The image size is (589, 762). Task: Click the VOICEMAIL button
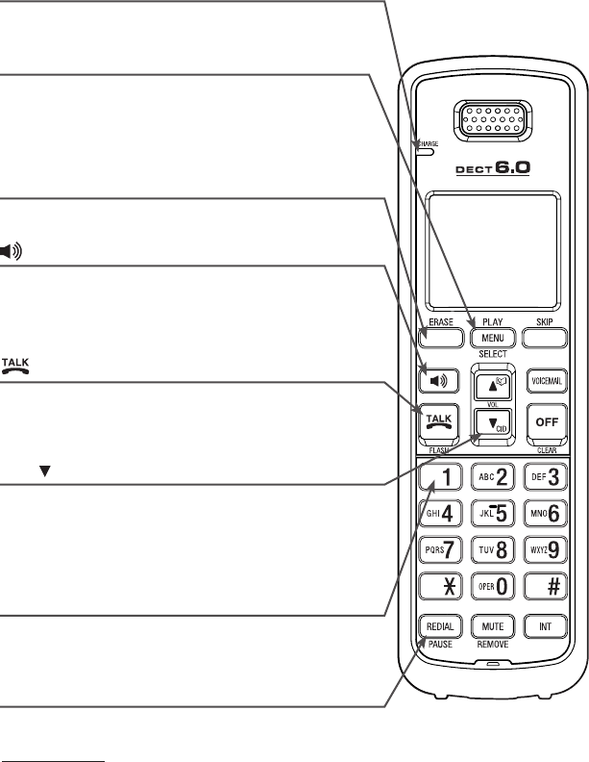point(545,380)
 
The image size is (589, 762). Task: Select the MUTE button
point(493,626)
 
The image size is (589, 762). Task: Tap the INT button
point(545,626)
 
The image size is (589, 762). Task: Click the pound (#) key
point(545,584)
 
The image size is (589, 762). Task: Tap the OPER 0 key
point(493,584)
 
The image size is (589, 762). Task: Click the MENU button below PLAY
point(493,338)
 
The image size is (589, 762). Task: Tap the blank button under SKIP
point(545,338)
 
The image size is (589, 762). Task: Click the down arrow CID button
point(493,423)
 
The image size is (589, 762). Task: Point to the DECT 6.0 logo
point(493,168)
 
